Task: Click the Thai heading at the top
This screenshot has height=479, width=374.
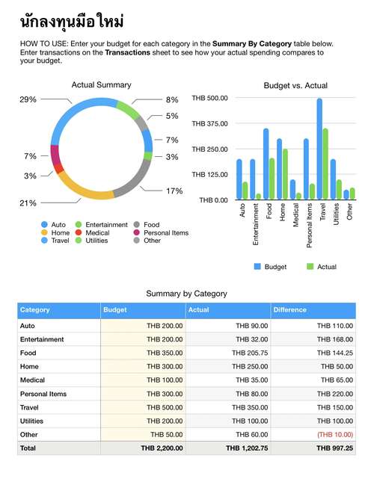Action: pos(72,22)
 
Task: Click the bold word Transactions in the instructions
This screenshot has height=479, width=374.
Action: pos(127,52)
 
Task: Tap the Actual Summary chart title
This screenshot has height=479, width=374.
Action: pos(101,84)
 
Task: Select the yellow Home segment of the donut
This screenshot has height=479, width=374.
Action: pos(83,190)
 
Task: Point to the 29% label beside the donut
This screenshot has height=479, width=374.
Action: pos(28,99)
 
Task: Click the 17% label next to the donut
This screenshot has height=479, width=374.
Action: pos(174,191)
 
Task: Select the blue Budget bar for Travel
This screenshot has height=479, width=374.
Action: pos(319,149)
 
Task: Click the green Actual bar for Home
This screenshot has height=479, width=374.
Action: pos(285,174)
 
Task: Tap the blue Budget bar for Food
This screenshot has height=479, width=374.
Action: pos(266,164)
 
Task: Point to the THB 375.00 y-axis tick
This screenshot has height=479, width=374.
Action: pos(209,124)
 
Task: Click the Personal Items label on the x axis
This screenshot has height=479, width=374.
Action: pos(309,225)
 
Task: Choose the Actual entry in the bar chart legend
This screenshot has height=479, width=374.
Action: pos(322,267)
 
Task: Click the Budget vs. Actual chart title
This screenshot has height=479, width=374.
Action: pos(295,85)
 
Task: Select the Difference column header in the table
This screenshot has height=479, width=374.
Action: pos(290,310)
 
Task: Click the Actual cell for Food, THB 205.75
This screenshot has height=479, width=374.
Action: pos(250,353)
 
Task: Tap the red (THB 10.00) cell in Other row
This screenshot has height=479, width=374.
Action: pos(335,434)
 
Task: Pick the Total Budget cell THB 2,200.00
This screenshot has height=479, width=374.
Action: pos(162,448)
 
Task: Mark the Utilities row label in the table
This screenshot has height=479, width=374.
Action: pos(32,421)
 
